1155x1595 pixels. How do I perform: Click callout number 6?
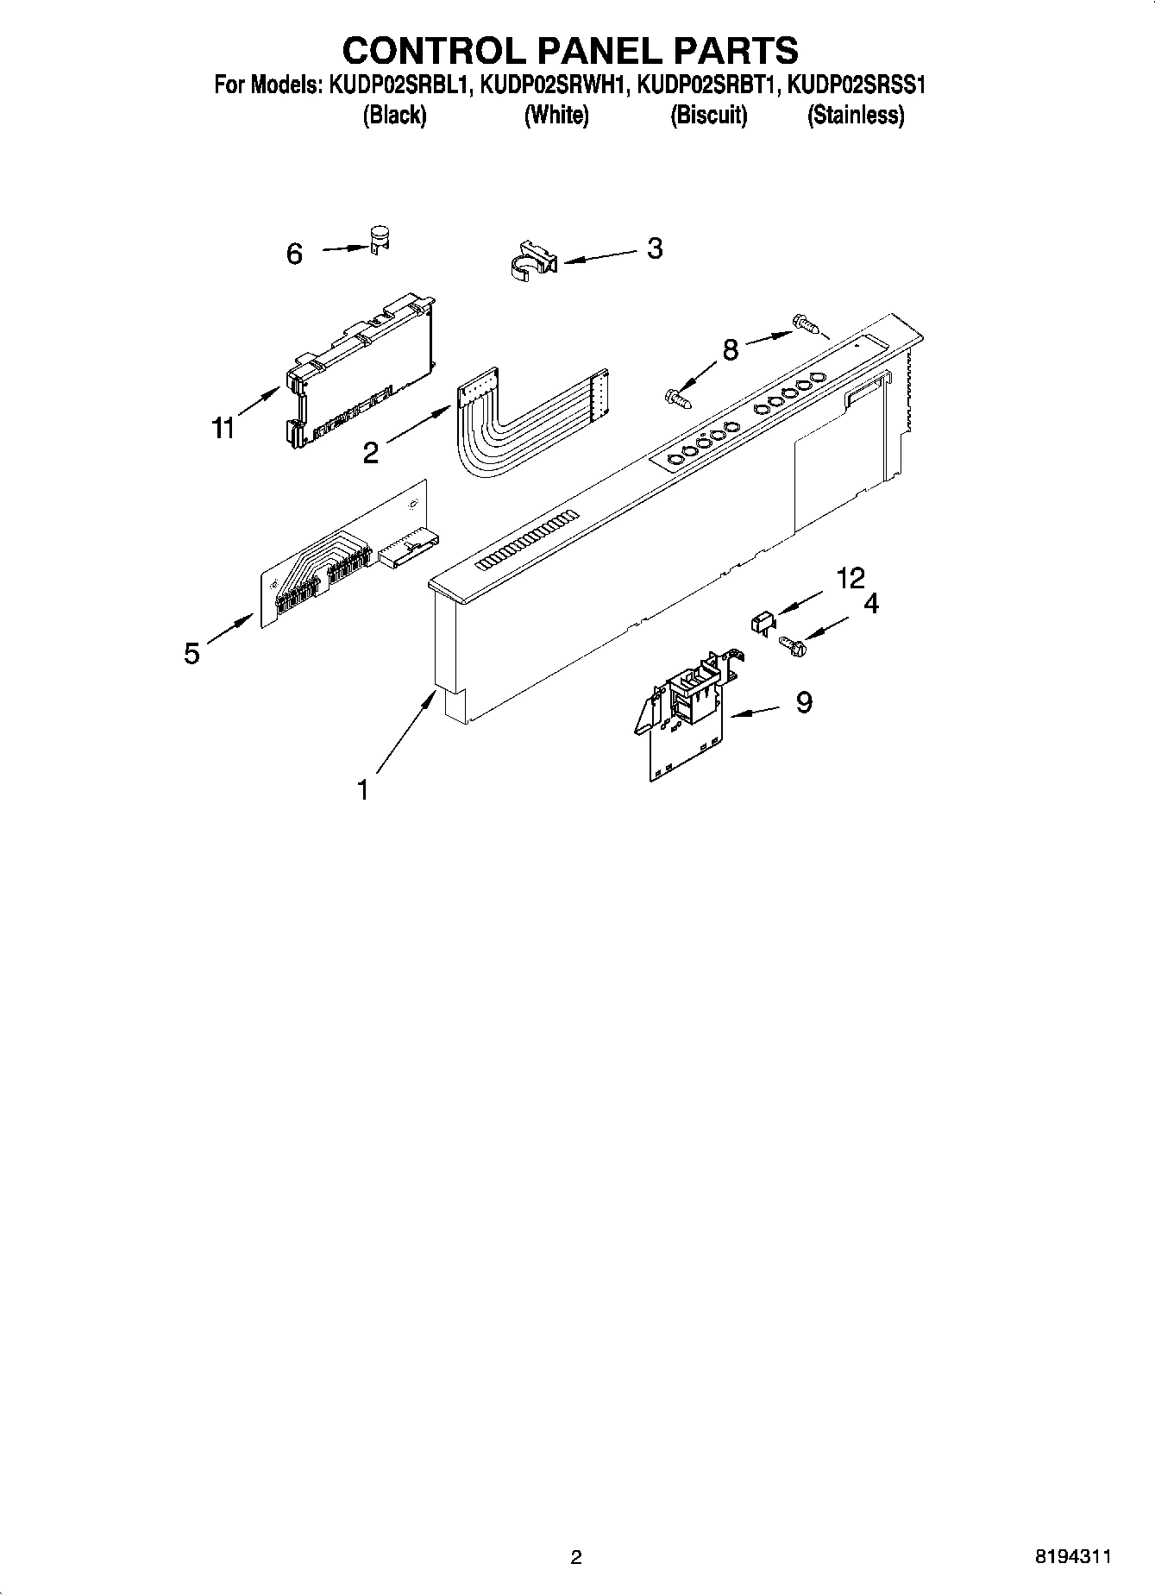pos(294,254)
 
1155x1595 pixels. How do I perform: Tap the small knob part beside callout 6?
pos(378,239)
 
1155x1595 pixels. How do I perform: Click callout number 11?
pos(223,428)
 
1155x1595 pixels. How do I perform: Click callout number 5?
pos(191,653)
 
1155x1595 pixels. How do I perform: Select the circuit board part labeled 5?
pos(345,561)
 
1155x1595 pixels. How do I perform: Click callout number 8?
pos(730,350)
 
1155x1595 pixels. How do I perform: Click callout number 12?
pos(851,578)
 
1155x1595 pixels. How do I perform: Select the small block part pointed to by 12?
pos(760,621)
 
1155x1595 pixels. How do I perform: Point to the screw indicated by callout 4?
pos(790,644)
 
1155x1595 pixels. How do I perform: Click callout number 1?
pos(363,788)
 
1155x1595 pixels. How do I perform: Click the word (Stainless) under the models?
pos(855,115)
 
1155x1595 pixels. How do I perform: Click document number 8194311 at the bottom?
pos(1072,1556)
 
